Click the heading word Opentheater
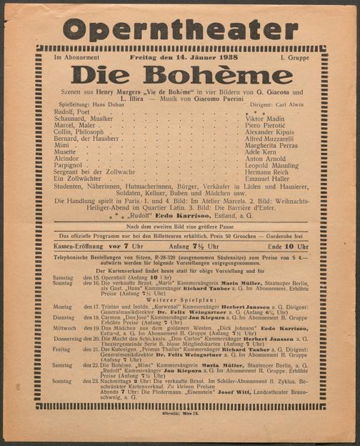(180, 29)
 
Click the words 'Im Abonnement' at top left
(76, 56)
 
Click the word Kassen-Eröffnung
(82, 246)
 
